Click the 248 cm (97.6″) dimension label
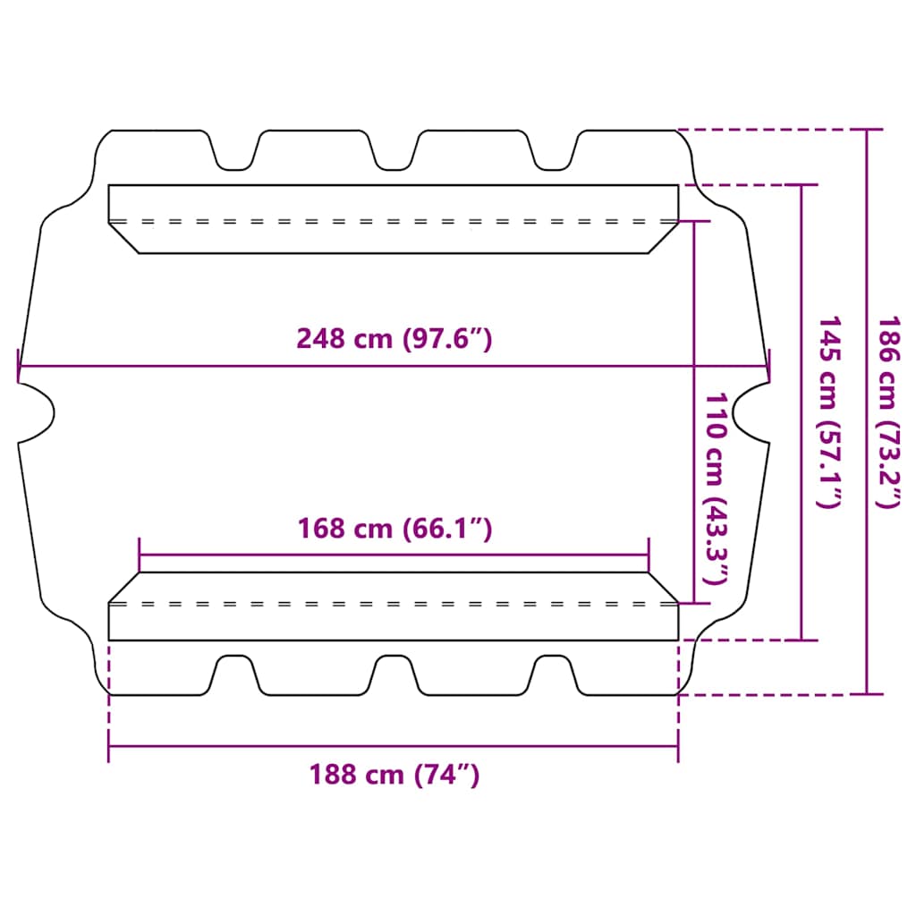coord(394,339)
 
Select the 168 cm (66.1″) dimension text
coord(394,529)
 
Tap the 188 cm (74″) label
coord(394,774)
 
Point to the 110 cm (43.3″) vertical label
coord(716,488)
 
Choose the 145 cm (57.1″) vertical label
coord(827,411)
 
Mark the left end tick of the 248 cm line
coord(19,366)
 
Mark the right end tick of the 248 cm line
coord(768,366)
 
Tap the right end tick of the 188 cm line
coord(678,746)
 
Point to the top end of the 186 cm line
coord(866,131)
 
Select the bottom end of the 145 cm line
coord(801,640)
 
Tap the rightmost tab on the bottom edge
coord(553,673)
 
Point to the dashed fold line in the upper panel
coord(394,220)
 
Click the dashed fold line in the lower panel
coord(394,604)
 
